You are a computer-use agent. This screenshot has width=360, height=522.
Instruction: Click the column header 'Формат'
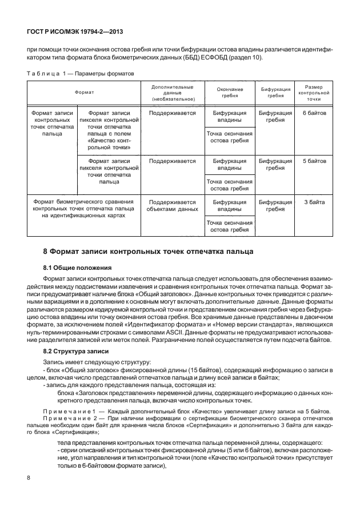pos(83,91)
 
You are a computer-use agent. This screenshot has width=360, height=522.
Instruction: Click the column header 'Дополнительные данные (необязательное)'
pos(172,92)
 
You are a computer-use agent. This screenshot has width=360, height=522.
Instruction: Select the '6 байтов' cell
pos(314,113)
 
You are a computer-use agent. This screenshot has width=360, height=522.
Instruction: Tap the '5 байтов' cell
pos(314,161)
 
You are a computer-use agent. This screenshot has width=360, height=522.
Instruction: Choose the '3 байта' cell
pos(314,202)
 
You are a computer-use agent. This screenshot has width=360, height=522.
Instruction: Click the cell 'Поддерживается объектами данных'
pos(172,206)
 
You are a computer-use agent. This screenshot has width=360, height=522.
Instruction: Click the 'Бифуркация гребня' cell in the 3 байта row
pos(275,206)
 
